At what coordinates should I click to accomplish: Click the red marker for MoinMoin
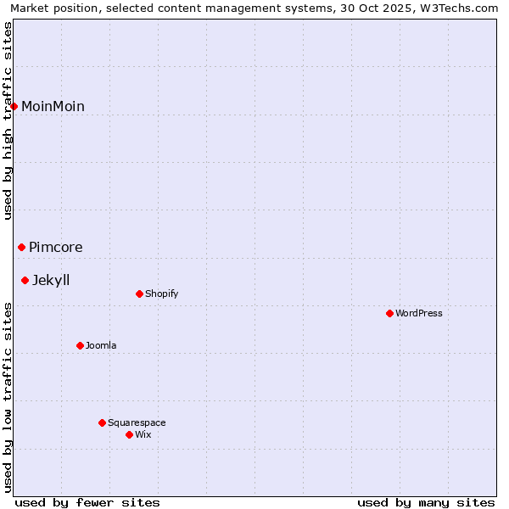tap(14, 106)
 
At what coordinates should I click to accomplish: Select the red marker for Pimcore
tap(22, 247)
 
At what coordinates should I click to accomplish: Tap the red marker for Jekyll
tap(25, 280)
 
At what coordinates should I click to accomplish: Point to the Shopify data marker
tap(139, 294)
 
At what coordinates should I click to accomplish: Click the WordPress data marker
tap(389, 313)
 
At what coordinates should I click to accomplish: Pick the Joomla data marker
tap(80, 345)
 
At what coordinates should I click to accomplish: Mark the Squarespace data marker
tap(102, 422)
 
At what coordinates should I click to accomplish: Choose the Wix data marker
tap(129, 434)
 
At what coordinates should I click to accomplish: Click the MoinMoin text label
tap(53, 106)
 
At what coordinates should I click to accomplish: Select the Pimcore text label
tap(56, 247)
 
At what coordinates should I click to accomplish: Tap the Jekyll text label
tap(51, 280)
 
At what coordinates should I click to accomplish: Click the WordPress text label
tap(419, 313)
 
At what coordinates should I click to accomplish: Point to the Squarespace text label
tap(137, 422)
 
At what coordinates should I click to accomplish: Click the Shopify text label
tap(162, 294)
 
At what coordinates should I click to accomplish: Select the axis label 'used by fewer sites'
tap(87, 502)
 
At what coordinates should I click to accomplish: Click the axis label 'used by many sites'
tap(426, 502)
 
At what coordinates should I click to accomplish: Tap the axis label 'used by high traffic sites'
tap(8, 120)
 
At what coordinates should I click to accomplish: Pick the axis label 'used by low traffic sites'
tap(8, 397)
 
